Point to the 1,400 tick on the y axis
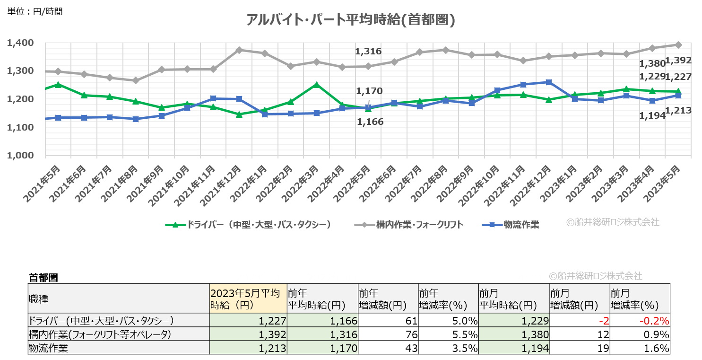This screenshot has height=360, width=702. tap(20, 43)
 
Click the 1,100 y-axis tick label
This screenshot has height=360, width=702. tap(20, 127)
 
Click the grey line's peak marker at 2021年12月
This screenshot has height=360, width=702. tap(239, 50)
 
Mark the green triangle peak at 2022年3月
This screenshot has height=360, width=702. tap(317, 85)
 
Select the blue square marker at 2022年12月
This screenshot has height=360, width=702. tap(548, 82)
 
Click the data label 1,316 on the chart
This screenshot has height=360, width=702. tap(368, 52)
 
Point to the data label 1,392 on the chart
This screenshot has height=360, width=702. tap(678, 61)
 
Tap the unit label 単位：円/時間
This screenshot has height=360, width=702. tap(35, 11)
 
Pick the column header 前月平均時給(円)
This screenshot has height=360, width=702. tap(513, 299)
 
